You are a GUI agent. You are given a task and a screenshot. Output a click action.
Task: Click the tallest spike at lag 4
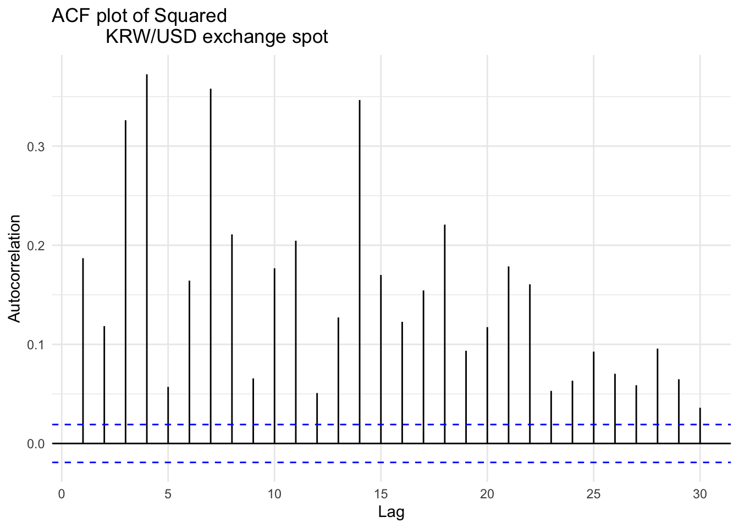point(147,258)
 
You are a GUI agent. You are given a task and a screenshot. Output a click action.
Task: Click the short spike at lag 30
point(700,426)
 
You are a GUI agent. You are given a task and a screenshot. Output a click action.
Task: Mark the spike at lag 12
point(317,418)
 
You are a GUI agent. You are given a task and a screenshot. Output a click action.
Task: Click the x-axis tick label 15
point(380,494)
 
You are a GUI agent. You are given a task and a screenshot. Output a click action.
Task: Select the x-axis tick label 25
point(593,494)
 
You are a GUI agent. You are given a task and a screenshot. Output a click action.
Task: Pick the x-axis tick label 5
point(168,494)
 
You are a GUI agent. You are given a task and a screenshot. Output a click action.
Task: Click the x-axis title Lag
point(391,513)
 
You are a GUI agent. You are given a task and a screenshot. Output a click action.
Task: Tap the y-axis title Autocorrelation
point(14,268)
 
